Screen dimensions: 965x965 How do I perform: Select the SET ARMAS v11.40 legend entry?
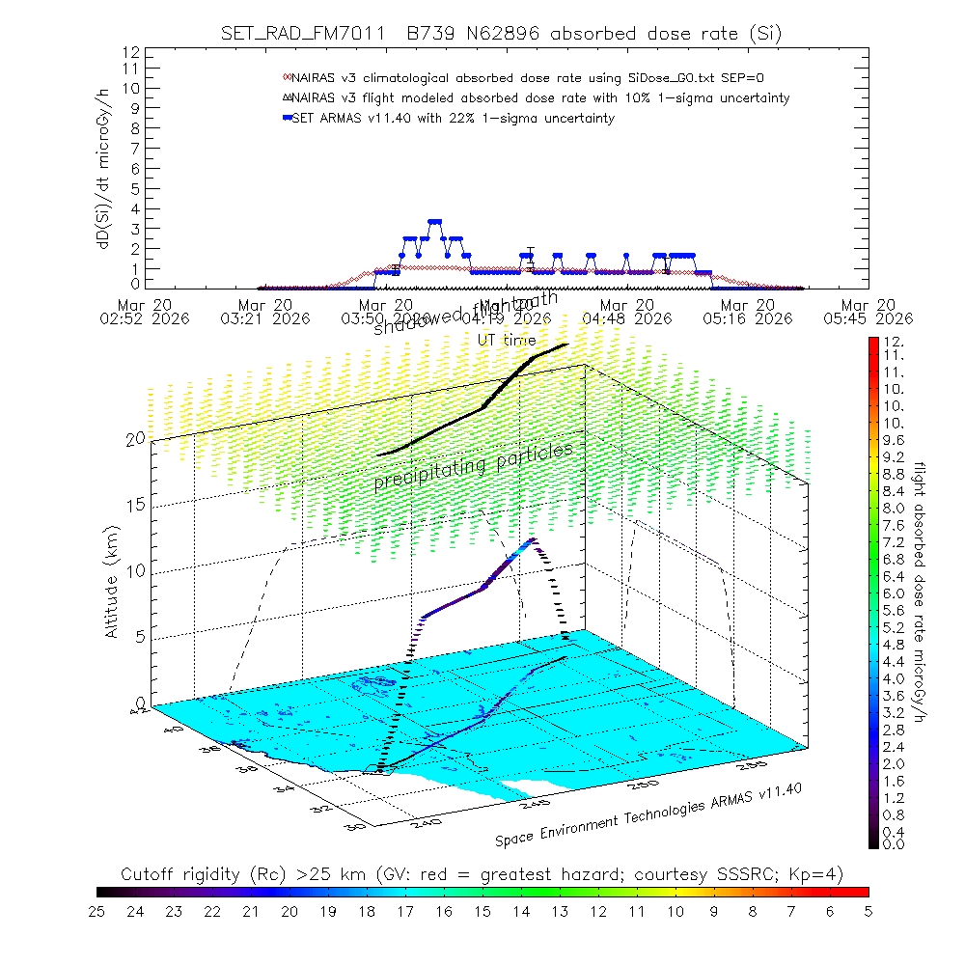pyautogui.click(x=454, y=118)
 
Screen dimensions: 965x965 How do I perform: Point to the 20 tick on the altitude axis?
pyautogui.click(x=135, y=439)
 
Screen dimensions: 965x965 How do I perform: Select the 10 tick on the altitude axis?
pyautogui.click(x=135, y=571)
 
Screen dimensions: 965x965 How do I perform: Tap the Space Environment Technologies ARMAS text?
pyautogui.click(x=648, y=814)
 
